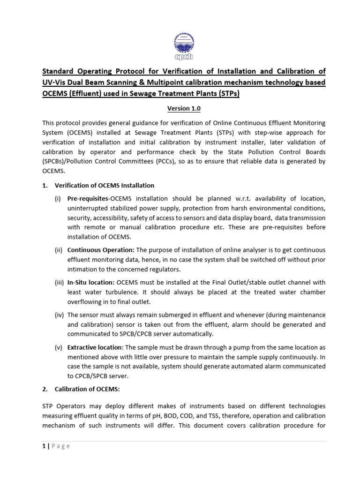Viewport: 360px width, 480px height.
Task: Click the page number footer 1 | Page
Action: (56, 446)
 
